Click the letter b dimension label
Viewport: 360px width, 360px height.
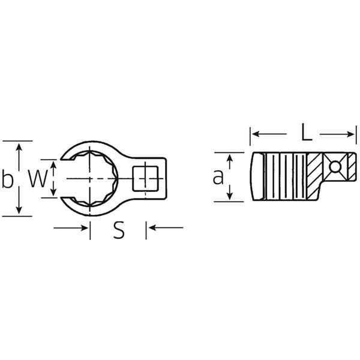[8, 179]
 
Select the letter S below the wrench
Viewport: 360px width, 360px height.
[119, 231]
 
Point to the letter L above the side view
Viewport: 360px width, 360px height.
[305, 133]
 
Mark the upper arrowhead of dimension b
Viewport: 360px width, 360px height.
[20, 146]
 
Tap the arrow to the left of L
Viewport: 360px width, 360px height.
[256, 134]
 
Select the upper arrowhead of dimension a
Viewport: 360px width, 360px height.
[229, 157]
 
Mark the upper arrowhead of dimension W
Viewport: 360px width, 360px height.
[54, 164]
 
